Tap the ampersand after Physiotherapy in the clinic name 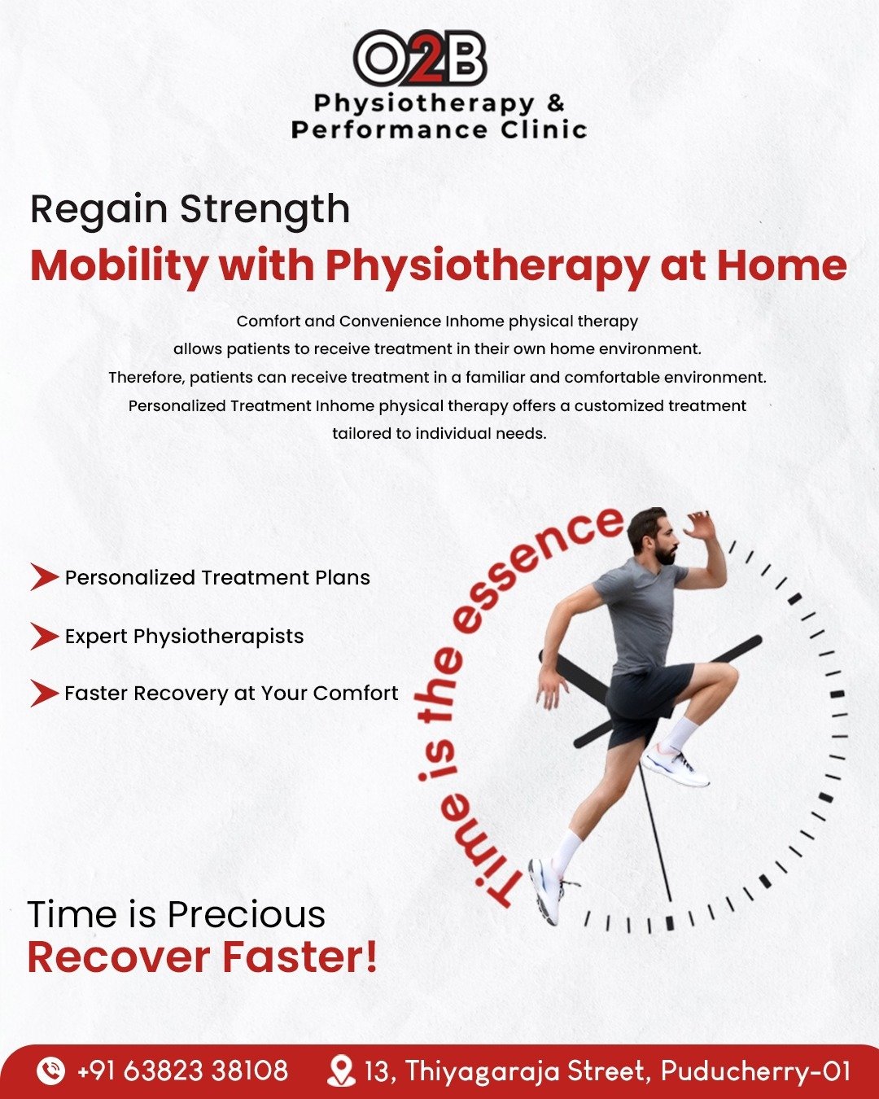555,103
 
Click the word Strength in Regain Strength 265,210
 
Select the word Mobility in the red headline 119,266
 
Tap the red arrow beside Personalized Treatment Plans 45,576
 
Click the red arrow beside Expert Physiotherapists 45,636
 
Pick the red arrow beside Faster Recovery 45,693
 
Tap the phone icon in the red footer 51,1070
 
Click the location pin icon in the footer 341,1071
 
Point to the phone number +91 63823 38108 182,1071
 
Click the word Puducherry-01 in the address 755,1071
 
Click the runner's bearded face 664,543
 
